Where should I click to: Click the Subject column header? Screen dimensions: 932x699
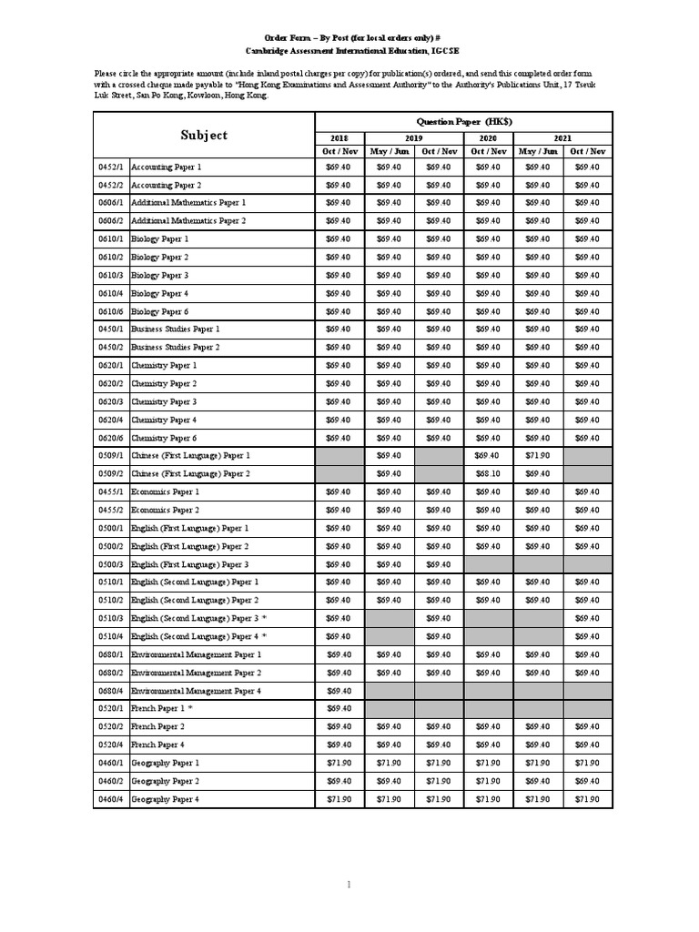(204, 135)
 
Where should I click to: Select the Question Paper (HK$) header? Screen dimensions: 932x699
(463, 121)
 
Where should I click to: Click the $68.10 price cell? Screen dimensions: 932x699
(489, 473)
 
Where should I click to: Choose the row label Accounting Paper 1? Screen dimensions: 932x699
(167, 167)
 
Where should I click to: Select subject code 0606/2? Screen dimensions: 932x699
(110, 221)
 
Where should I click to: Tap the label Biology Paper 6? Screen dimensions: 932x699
(160, 311)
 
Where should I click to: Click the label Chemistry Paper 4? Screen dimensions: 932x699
(164, 420)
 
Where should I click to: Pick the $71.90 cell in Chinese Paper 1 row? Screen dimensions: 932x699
(538, 455)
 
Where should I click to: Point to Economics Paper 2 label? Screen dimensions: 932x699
(166, 510)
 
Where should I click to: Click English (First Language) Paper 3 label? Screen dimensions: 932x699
(190, 564)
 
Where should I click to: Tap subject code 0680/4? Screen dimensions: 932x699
(110, 690)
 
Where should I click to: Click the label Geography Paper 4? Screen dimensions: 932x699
(165, 799)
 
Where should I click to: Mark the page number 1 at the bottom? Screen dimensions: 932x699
(349, 884)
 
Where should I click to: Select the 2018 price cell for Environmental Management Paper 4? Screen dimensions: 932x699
(339, 690)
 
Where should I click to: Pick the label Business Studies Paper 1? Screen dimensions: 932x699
(176, 329)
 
